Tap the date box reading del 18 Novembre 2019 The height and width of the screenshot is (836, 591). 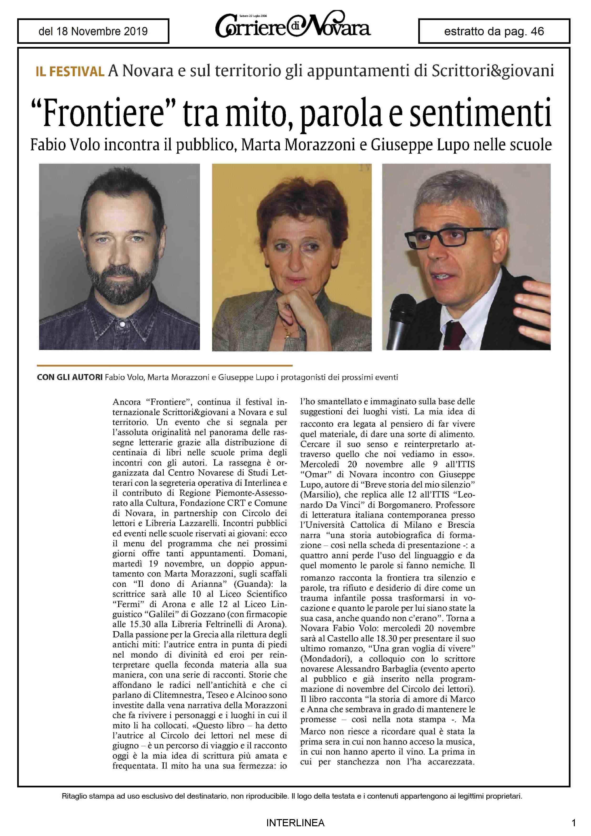tap(93, 31)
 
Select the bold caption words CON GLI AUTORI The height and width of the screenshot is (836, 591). tap(70, 377)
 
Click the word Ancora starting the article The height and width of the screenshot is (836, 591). tap(126, 402)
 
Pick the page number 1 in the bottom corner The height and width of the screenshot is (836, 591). tap(574, 822)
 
